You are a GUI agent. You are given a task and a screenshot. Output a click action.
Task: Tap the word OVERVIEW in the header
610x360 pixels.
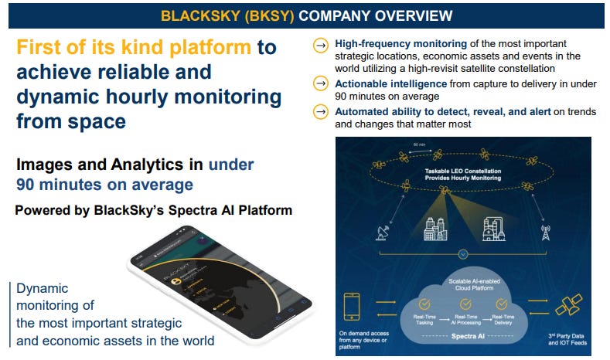coord(419,15)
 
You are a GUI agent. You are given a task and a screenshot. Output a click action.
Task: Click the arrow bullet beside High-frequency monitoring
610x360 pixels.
coord(319,46)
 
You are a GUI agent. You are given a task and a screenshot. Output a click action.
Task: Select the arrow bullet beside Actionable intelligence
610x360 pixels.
coord(319,83)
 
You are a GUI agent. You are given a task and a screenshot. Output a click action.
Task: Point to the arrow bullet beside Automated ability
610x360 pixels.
coord(319,112)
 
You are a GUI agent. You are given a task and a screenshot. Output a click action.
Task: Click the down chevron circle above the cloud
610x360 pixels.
coord(462,253)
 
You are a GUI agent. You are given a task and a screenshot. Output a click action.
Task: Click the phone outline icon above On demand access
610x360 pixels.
coord(353,305)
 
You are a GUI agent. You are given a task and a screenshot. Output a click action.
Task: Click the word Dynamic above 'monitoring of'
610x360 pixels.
coord(43,287)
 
